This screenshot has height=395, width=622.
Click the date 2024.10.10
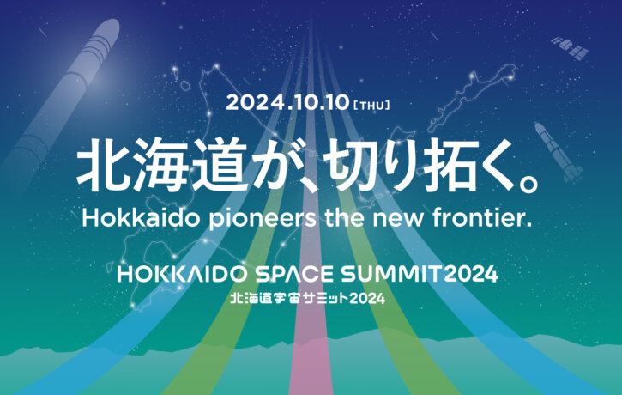coord(287,102)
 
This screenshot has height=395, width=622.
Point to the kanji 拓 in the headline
coord(449,165)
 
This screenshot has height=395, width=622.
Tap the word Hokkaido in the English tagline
coord(141,217)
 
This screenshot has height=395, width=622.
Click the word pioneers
coord(263,220)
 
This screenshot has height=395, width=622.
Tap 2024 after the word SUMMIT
coord(471,274)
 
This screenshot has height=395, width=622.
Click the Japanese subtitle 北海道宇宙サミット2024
coord(308,298)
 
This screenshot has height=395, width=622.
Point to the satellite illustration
coord(571,48)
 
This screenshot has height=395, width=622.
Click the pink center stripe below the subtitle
coord(311,349)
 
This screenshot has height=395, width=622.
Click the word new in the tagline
coord(397,220)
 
